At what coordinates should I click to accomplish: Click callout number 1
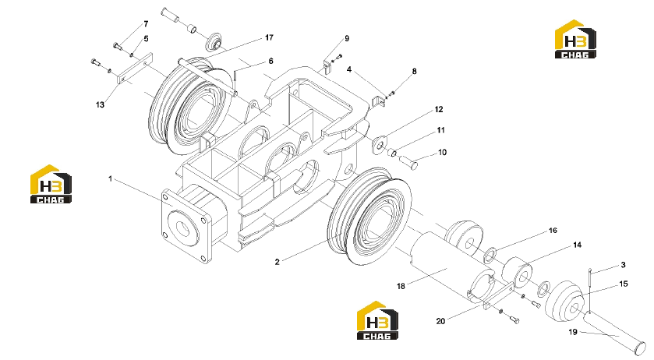(110, 178)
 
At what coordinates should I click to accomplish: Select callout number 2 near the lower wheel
(277, 262)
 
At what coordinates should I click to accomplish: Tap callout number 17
(269, 37)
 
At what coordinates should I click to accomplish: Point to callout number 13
(100, 104)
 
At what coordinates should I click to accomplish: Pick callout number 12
(439, 109)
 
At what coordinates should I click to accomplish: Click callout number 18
(401, 286)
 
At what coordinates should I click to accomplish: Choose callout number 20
(441, 321)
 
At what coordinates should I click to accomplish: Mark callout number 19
(573, 332)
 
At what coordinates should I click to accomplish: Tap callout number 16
(553, 231)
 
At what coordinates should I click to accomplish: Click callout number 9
(347, 39)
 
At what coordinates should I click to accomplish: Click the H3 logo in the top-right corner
(575, 39)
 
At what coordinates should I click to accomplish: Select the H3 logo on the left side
(51, 184)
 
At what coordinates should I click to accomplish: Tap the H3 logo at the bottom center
(377, 320)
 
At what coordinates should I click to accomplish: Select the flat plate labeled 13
(135, 68)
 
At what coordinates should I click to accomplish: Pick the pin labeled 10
(408, 162)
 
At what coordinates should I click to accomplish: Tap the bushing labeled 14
(517, 272)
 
